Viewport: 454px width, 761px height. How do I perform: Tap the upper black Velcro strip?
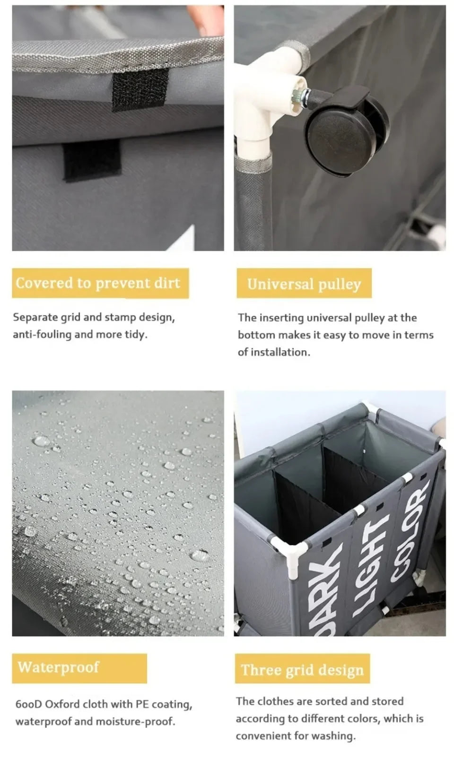(140, 89)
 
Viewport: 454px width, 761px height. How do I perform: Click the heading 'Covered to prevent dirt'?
(98, 283)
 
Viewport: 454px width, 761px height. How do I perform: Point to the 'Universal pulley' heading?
(304, 284)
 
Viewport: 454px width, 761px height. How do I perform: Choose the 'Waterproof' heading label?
(58, 667)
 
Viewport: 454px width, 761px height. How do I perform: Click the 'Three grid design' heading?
(302, 670)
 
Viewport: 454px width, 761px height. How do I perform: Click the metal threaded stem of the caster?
(302, 97)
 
